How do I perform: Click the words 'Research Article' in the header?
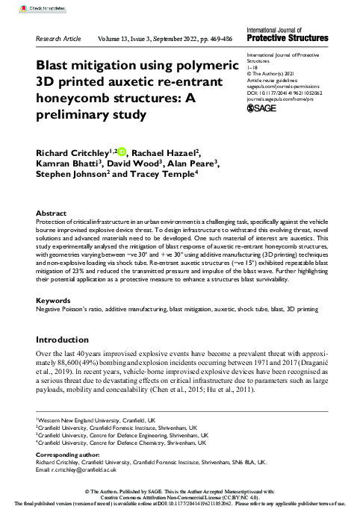coord(58,37)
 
